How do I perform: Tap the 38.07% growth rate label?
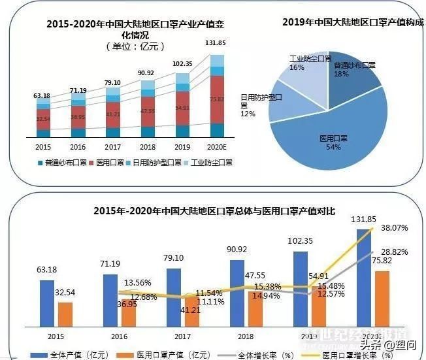tap(395, 229)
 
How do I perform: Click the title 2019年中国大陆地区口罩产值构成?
tap(352, 22)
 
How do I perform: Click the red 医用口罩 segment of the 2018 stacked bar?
tap(148, 110)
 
